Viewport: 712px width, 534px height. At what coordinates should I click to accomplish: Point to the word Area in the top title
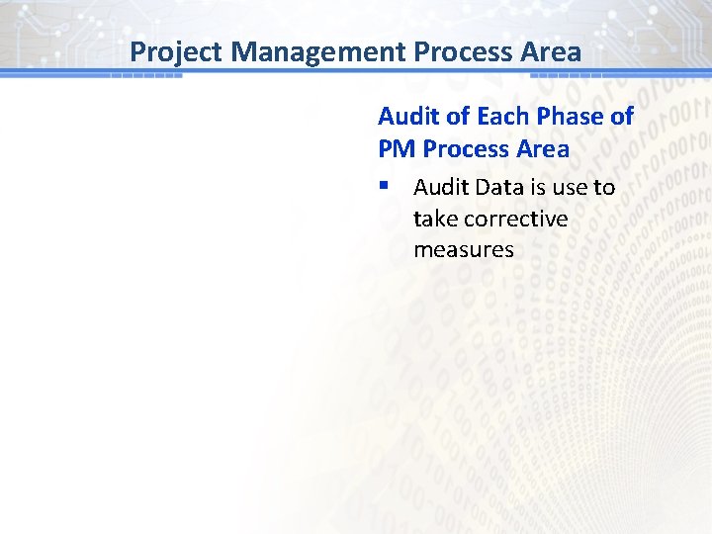pos(552,50)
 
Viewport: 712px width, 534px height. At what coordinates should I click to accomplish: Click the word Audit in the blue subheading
pos(408,117)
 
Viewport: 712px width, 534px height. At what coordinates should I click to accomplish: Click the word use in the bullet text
pos(569,187)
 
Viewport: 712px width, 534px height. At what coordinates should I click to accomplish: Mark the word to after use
pos(603,187)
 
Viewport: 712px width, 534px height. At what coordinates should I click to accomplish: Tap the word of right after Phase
pos(621,117)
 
